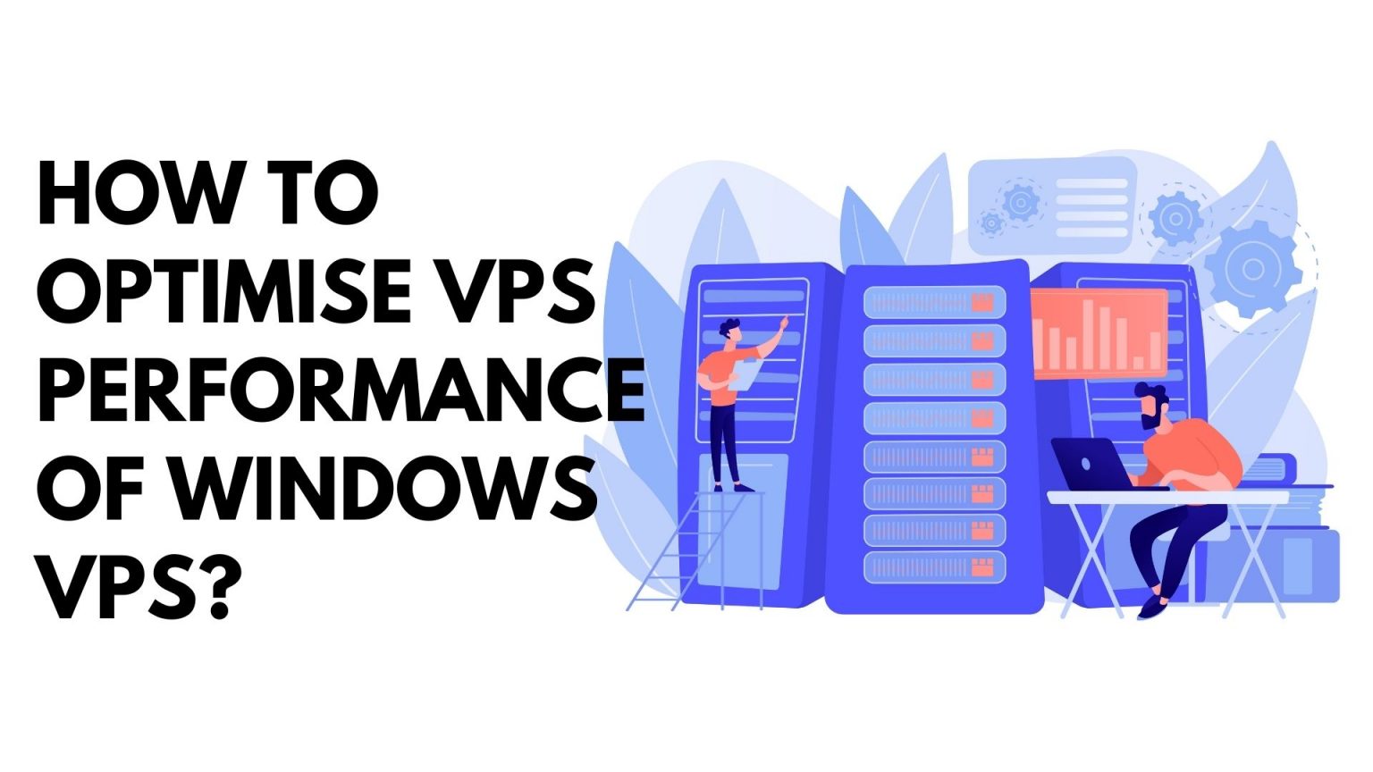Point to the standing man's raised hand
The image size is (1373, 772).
[x=783, y=323]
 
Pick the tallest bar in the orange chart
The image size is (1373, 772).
[x=1088, y=334]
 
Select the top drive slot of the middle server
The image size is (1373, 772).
[x=934, y=303]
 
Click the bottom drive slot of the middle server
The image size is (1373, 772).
[x=934, y=567]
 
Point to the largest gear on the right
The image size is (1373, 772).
[x=1252, y=269]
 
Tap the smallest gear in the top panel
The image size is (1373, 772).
[x=990, y=222]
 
